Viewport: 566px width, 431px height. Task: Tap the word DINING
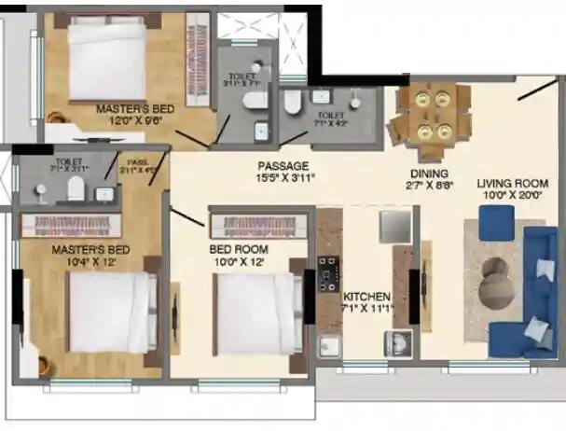click(429, 174)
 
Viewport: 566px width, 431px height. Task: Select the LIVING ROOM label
click(511, 183)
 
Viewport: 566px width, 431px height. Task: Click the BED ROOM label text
click(238, 250)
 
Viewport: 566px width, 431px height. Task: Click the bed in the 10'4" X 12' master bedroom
click(107, 313)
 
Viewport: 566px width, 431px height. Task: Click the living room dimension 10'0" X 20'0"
click(511, 195)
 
